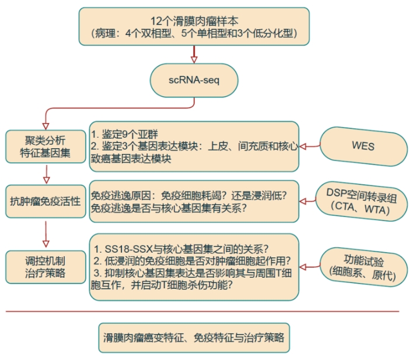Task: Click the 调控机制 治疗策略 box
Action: click(45, 267)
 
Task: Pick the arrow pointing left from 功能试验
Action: click(310, 265)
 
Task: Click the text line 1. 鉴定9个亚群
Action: click(126, 132)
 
